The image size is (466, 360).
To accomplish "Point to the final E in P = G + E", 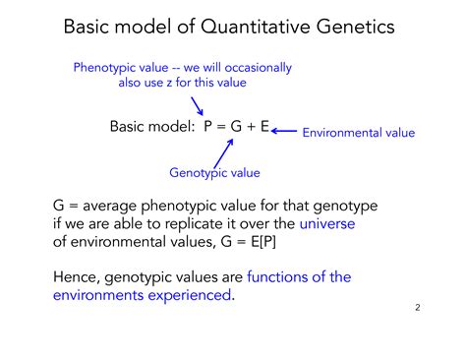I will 264,128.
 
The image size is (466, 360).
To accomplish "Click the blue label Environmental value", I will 358,132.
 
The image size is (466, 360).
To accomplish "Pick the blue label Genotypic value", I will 214,172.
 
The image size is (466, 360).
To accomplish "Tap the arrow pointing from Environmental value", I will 284,129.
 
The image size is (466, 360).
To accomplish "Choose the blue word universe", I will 327,223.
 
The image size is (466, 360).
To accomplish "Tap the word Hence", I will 75,277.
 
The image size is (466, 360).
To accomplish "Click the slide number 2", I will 417,308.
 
